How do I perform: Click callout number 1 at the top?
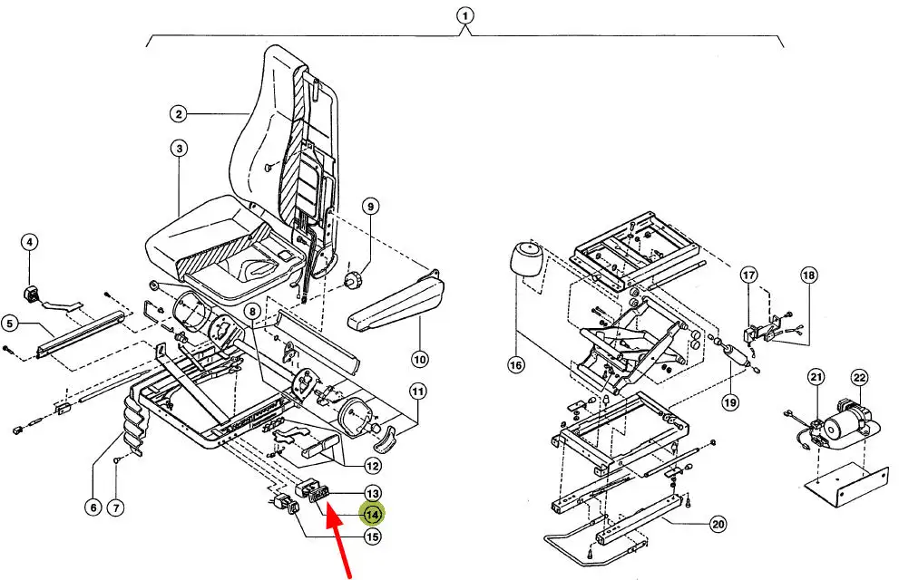click(x=465, y=15)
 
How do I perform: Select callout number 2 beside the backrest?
click(x=179, y=114)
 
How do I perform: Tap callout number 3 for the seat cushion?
click(x=179, y=148)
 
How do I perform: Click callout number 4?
click(x=30, y=242)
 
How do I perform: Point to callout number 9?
click(x=370, y=206)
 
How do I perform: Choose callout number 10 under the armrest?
click(x=419, y=360)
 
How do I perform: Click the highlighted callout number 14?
click(x=372, y=515)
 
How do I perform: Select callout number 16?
click(x=516, y=366)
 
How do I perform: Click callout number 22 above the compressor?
click(x=859, y=377)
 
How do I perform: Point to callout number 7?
click(x=115, y=507)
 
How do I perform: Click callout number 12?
click(x=372, y=467)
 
